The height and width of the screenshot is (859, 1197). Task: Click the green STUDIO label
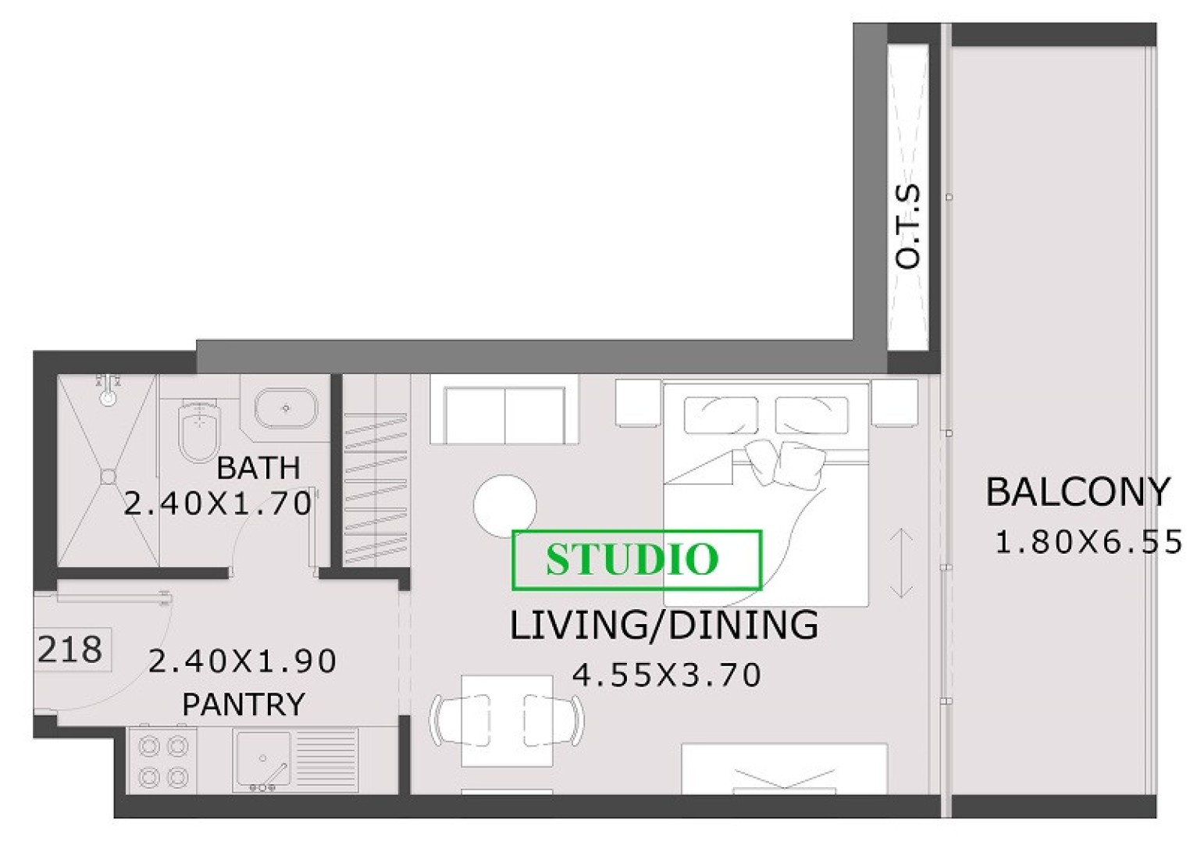(x=632, y=559)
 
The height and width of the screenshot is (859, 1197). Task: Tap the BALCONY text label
(x=1078, y=492)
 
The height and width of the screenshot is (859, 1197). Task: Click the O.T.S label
(x=908, y=226)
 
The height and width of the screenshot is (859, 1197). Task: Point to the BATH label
(x=258, y=468)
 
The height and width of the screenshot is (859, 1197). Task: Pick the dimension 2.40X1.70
(x=217, y=504)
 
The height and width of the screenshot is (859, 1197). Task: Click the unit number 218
(x=70, y=650)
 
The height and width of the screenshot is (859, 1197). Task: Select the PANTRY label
(x=243, y=704)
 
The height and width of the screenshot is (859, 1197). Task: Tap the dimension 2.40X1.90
(x=242, y=661)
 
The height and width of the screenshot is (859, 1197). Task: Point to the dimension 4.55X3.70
(x=666, y=675)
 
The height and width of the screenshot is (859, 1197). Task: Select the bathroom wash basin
(x=286, y=408)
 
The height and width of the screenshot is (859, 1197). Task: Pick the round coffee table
(x=505, y=507)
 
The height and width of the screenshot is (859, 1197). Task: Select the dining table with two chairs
(x=507, y=720)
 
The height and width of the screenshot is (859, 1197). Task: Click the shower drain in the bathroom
(x=109, y=476)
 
